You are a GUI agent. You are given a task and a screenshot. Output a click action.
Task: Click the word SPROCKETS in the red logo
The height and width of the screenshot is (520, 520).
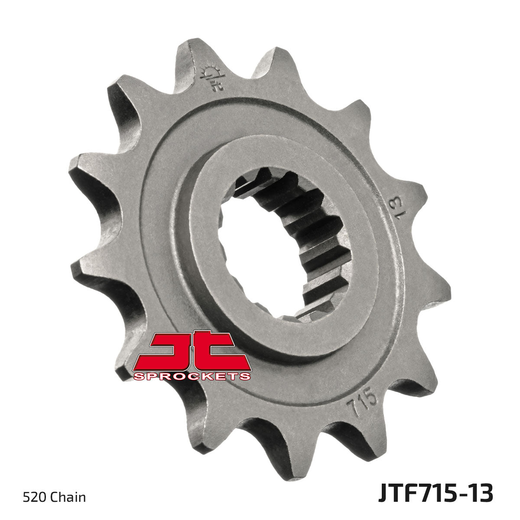pyautogui.click(x=192, y=376)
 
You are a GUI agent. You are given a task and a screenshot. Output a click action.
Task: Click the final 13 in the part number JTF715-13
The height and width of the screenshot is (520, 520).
pyautogui.click(x=479, y=494)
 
